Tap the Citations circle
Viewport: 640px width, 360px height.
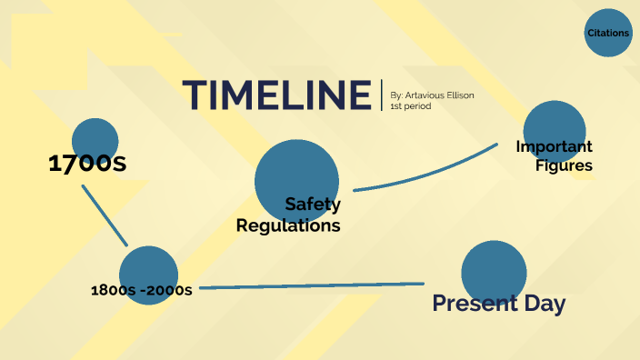click(x=608, y=33)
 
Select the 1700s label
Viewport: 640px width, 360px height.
click(x=86, y=164)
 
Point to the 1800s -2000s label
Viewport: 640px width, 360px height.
click(x=141, y=291)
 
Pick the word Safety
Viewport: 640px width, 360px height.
click(x=313, y=205)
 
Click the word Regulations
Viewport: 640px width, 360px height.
click(x=288, y=225)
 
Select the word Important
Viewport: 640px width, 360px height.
click(x=554, y=146)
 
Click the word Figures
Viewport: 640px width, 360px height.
click(x=564, y=165)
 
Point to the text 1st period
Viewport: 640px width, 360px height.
click(x=410, y=107)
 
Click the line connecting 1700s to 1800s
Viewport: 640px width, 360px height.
click(x=105, y=215)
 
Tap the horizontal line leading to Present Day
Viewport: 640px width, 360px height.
click(x=309, y=285)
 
